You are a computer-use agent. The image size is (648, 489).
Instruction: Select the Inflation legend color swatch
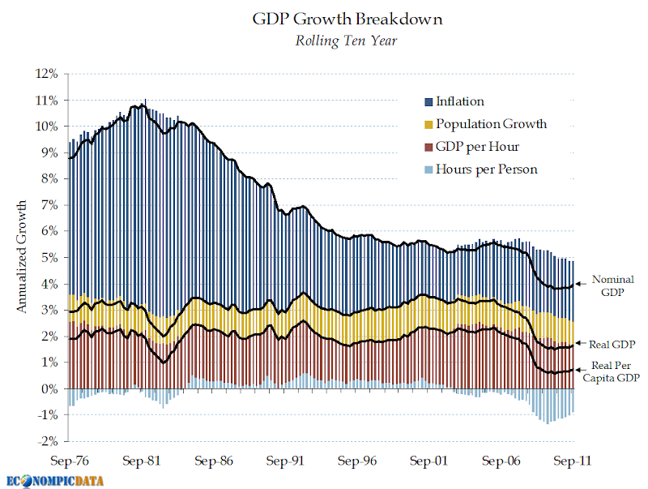[x=428, y=102]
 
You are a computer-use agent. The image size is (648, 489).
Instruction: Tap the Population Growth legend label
[x=491, y=124]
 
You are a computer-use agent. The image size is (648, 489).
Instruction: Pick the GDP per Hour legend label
[x=477, y=147]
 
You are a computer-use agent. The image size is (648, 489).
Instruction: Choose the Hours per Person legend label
[x=486, y=169]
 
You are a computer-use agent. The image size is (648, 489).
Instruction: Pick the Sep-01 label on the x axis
[x=429, y=461]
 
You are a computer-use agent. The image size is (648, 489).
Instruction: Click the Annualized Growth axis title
[x=23, y=257]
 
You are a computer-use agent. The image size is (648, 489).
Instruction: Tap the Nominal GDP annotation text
[x=613, y=285]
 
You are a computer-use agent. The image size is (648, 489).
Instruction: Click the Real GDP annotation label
[x=612, y=345]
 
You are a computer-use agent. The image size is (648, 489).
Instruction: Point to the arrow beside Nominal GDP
[x=580, y=285]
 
